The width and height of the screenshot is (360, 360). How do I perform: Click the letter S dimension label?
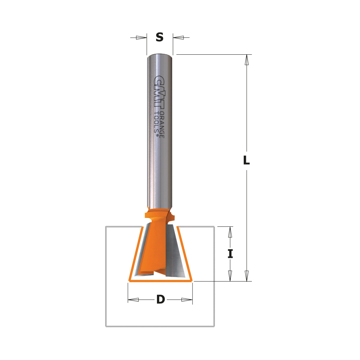point(159,37)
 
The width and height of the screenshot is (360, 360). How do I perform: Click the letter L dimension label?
point(246,160)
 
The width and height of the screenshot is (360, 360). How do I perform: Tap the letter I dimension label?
point(230,254)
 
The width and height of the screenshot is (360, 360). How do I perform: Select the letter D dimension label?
point(161,300)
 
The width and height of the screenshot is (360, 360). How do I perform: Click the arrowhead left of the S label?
point(141,37)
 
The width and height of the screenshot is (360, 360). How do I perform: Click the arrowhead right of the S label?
point(179,37)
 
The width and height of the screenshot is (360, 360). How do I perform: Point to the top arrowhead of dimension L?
point(247,60)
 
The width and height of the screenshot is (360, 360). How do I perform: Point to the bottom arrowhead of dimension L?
point(247,276)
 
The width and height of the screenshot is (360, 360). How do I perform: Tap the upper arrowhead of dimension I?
point(230,232)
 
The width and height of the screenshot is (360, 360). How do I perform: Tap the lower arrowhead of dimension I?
point(230,276)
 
